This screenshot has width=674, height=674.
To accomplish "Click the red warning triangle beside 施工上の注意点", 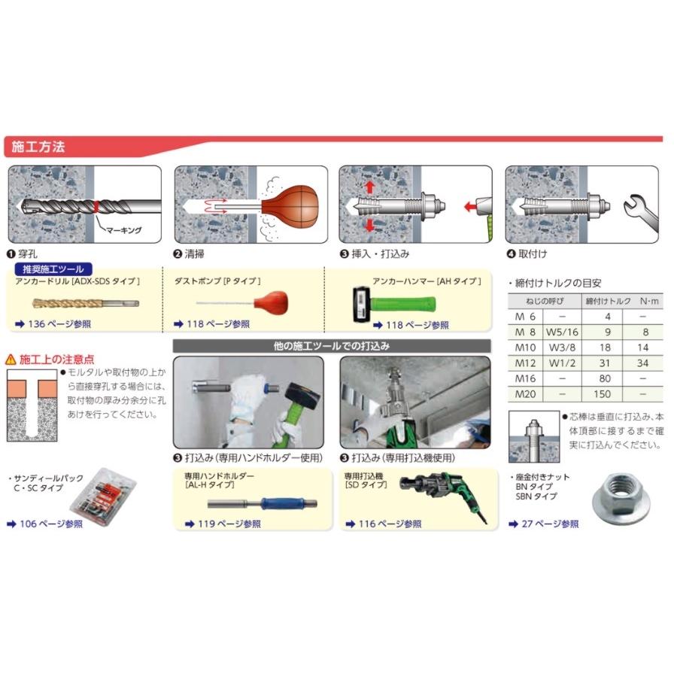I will (11, 360).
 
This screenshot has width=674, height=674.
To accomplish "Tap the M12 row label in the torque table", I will (524, 363).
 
